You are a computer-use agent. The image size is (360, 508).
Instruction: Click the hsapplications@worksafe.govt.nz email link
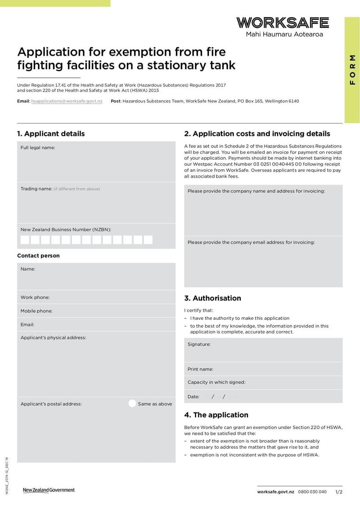67,101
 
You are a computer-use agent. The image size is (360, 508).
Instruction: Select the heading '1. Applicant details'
51,134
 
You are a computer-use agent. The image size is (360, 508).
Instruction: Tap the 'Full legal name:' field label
38,147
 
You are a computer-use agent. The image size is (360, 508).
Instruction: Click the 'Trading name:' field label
36,189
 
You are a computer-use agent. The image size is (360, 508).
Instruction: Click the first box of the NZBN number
25,240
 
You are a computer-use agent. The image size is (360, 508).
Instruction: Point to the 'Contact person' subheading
38,255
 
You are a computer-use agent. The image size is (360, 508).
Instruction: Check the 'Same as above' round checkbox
132,403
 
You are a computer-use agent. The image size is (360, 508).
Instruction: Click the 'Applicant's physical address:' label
53,338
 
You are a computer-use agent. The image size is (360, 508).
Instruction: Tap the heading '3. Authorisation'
212,298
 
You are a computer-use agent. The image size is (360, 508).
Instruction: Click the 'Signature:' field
263,350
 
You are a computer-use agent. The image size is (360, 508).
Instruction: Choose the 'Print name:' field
263,369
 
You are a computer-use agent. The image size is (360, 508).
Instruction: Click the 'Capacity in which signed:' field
263,382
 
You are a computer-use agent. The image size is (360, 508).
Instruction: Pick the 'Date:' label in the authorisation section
193,397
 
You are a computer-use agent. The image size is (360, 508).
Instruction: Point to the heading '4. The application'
216,414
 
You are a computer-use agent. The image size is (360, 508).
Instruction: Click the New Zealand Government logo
49,490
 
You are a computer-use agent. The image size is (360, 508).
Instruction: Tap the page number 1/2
338,492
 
